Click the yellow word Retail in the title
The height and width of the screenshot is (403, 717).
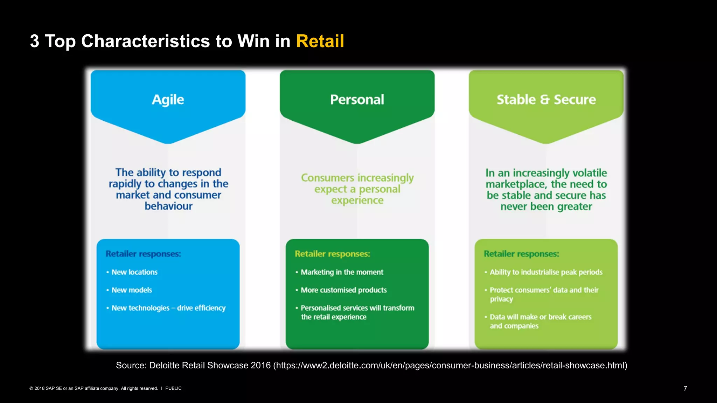click(320, 41)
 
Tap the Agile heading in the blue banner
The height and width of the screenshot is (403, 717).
click(168, 100)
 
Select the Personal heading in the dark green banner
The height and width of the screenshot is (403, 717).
click(357, 100)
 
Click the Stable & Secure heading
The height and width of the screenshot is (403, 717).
click(546, 100)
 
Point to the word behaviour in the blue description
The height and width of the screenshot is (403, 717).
click(168, 206)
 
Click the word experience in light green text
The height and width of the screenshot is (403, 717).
click(357, 200)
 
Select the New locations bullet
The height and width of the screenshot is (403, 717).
click(134, 272)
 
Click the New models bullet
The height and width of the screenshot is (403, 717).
click(132, 290)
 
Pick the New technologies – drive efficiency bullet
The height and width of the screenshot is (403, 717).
click(168, 308)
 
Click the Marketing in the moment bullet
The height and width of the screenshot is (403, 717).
click(342, 272)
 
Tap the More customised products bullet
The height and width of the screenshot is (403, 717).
click(344, 290)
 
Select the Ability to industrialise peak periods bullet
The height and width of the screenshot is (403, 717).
click(546, 272)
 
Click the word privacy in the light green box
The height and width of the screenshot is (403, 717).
click(501, 299)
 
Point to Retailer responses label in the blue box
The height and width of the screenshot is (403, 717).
click(143, 254)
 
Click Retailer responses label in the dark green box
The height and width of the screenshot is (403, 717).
click(332, 254)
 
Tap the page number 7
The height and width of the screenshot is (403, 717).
click(685, 388)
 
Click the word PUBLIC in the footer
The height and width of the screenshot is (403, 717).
click(173, 388)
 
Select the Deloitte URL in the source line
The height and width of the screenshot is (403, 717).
click(450, 365)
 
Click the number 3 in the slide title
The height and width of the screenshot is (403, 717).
click(34, 41)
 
